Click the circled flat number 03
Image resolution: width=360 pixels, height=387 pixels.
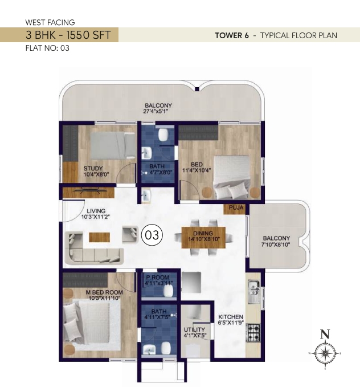pyautogui.click(x=152, y=235)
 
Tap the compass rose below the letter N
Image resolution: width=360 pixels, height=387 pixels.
pyautogui.click(x=325, y=354)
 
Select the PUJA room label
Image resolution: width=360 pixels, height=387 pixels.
pyautogui.click(x=236, y=207)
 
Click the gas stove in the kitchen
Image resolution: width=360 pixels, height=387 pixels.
pyautogui.click(x=253, y=333)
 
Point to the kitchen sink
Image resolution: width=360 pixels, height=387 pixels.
pyautogui.click(x=253, y=291)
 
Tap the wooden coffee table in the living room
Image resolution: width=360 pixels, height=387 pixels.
pyautogui.click(x=99, y=237)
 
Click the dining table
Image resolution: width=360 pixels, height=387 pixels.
pyautogui.click(x=203, y=238)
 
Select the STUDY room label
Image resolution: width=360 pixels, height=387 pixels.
pyautogui.click(x=93, y=168)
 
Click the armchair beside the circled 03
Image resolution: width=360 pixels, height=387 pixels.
pyautogui.click(x=130, y=234)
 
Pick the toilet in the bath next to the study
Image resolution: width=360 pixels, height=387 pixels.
pyautogui.click(x=163, y=135)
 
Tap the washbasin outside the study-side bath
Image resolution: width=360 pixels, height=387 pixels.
pyautogui.click(x=146, y=195)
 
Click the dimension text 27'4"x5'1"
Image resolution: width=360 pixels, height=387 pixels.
pyautogui.click(x=156, y=111)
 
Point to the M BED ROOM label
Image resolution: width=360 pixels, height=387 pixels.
pyautogui.click(x=104, y=292)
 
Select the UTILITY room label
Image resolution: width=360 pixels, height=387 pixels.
pyautogui.click(x=194, y=330)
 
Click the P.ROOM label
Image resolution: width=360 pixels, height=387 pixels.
pyautogui.click(x=158, y=277)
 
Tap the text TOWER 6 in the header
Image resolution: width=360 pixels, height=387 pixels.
pyautogui.click(x=232, y=35)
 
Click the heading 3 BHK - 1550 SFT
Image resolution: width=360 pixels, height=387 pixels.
pyautogui.click(x=68, y=35)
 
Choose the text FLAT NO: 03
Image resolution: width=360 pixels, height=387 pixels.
pyautogui.click(x=47, y=48)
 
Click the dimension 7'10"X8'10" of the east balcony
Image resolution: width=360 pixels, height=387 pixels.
pyautogui.click(x=276, y=245)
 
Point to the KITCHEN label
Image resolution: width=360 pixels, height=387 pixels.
pyautogui.click(x=231, y=317)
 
